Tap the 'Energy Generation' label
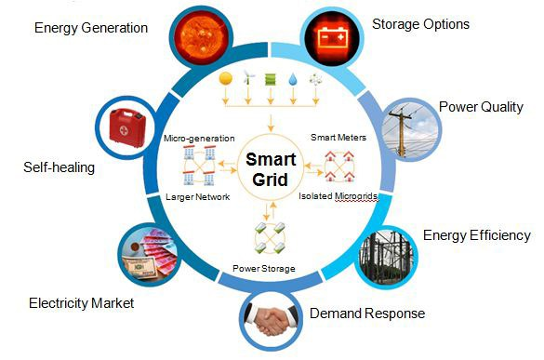coord(90,27)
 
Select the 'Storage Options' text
coord(420,23)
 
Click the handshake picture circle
coord(272,322)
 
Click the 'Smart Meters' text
coord(338,137)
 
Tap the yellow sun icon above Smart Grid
coord(224,80)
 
